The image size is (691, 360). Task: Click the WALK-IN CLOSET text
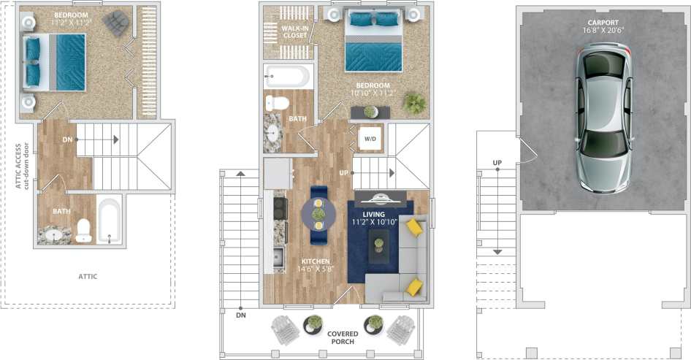(x=294, y=31)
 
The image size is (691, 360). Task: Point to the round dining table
(x=318, y=214)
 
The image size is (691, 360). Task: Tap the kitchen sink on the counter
(x=278, y=257)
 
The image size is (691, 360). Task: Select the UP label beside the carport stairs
(x=497, y=162)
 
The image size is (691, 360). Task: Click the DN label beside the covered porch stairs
(x=241, y=315)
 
